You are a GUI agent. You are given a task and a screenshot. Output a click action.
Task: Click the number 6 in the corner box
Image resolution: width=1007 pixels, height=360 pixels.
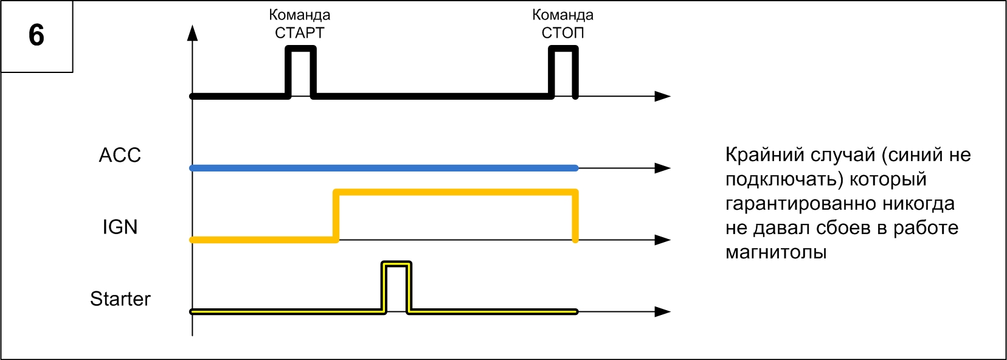coord(36,35)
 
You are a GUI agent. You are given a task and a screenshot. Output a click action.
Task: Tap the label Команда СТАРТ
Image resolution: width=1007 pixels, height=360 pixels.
coord(300,24)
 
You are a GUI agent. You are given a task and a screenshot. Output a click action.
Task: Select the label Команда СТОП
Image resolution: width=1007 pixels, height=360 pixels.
coord(562,24)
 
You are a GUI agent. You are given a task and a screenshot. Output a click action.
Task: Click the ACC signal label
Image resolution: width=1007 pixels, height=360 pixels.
coord(120,156)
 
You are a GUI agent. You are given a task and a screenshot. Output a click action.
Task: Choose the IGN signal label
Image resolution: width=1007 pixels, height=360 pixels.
coord(120,227)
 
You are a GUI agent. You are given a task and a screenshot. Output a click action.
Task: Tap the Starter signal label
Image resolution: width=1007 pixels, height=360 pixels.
coord(120,299)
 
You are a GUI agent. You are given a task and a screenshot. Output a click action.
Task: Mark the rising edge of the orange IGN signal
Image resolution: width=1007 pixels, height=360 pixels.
coord(336,216)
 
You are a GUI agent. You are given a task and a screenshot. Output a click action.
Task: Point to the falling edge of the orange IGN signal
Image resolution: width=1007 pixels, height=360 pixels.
coord(575,216)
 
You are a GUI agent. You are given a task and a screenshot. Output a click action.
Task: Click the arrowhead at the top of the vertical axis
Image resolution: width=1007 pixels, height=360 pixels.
coord(193,33)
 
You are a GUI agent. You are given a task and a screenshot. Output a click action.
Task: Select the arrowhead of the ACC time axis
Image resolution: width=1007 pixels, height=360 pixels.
coord(662,168)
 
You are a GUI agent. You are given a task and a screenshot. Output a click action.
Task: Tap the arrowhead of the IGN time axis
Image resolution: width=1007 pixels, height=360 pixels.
coord(662,240)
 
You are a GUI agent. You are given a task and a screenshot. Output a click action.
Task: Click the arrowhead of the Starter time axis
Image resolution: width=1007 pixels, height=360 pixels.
coord(662,311)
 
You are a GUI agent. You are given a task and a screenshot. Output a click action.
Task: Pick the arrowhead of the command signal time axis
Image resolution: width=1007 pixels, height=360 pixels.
coord(662,96)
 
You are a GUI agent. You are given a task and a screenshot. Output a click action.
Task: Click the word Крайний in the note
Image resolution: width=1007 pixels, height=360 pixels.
coord(761,155)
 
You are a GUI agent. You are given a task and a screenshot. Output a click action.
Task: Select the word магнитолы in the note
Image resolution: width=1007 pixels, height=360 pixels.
coord(776,252)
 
